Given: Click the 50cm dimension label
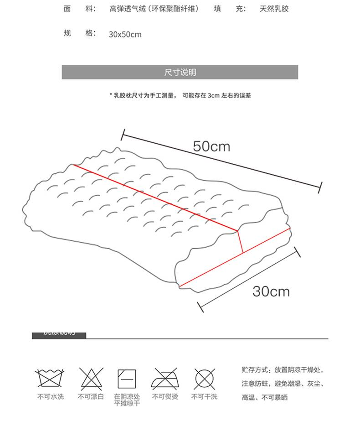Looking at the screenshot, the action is [211, 146].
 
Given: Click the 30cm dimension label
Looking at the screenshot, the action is [271, 291].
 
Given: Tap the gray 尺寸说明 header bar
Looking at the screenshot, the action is [180, 73].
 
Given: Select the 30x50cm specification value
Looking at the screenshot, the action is [125, 35].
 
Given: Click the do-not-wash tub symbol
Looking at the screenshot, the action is [51, 378].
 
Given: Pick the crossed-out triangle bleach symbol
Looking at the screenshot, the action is [92, 378].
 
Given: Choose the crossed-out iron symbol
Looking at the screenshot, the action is [165, 378].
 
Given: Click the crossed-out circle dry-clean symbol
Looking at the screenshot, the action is [204, 378].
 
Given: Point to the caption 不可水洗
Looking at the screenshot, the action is [51, 397].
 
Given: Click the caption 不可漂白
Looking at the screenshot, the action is [91, 397].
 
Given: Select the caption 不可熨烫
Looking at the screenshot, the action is [165, 397].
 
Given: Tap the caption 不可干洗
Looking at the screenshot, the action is [204, 397].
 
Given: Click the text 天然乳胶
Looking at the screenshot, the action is [274, 9].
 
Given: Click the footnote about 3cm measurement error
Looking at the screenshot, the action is [180, 96].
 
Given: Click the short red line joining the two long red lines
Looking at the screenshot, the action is [240, 242].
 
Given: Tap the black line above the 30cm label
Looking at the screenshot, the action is [250, 279].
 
